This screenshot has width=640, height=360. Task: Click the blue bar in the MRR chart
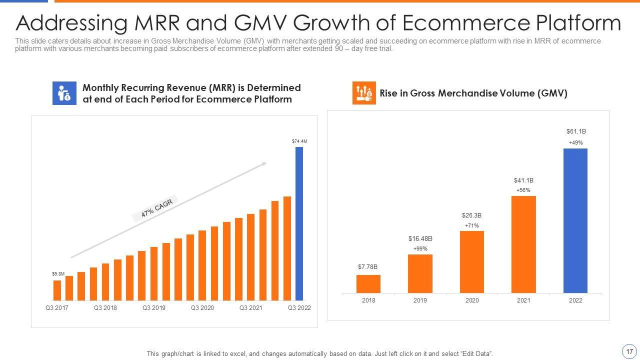pos(299,223)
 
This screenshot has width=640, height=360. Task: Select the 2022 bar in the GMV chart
pos(575,220)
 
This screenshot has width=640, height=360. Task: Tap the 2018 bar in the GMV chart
pos(368,284)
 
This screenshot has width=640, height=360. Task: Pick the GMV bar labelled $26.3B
pos(471,261)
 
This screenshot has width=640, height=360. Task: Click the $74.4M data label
pos(299,141)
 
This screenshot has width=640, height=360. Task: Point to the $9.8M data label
pos(58,274)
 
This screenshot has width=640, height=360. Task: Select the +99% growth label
pos(420,248)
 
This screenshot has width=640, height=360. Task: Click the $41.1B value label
pos(523,180)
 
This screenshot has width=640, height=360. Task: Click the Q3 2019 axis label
pos(153,308)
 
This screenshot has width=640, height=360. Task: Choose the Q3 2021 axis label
pos(250,308)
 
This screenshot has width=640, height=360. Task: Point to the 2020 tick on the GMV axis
pos(471,300)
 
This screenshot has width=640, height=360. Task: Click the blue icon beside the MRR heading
pos(64,93)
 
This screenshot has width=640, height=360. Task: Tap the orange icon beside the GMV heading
pos(364,93)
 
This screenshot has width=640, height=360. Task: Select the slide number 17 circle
pos(629,351)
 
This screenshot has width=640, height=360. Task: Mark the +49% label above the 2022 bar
pos(575,143)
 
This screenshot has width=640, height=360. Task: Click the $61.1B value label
pos(575,131)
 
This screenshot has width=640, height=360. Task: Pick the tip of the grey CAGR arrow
pos(265,162)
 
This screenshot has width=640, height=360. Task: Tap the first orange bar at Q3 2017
pos(57,290)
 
